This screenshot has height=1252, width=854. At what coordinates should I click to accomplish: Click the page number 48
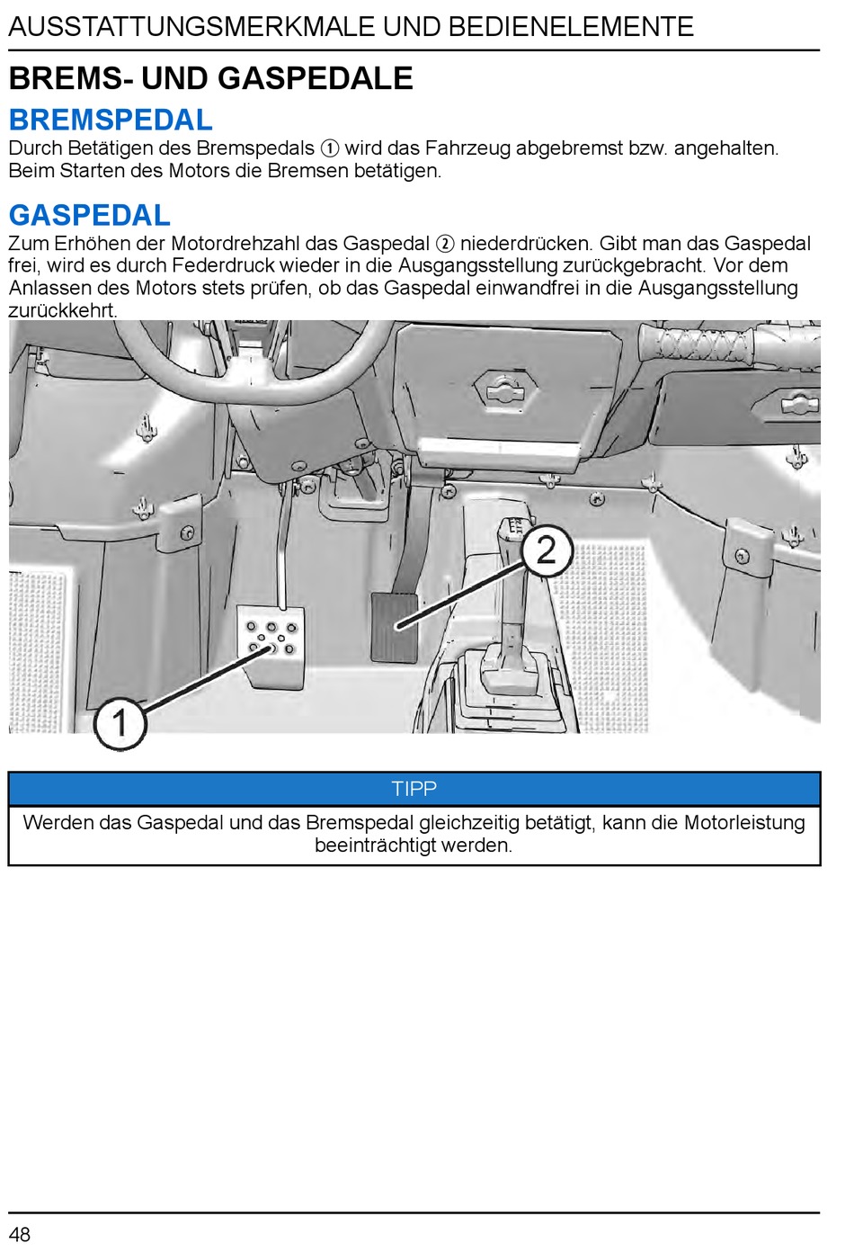(20, 1233)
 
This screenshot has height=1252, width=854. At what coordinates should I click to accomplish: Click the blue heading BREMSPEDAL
(111, 120)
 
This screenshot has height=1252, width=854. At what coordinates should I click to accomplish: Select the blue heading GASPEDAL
(89, 215)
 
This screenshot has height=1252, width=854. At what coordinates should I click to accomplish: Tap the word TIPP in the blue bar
(414, 789)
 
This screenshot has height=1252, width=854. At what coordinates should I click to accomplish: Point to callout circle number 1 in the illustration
(120, 722)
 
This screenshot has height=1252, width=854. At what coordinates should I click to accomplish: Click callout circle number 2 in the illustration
(547, 550)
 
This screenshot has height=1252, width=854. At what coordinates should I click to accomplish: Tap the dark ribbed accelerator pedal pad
(395, 626)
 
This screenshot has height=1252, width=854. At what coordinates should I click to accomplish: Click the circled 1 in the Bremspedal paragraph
(330, 148)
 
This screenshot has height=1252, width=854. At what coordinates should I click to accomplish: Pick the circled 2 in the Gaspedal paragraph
(445, 244)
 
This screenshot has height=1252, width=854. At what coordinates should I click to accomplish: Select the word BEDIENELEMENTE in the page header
(571, 27)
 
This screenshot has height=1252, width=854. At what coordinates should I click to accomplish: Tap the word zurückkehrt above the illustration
(62, 311)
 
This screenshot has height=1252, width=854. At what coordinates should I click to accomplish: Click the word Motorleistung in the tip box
(744, 822)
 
